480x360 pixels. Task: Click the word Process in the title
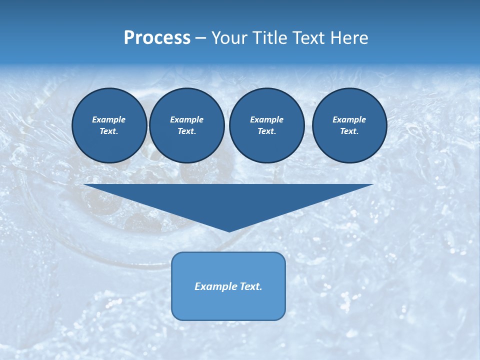point(157,38)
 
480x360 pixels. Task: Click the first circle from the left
point(109,125)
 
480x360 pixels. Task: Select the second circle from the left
point(187,125)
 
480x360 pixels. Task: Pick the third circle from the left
point(267,125)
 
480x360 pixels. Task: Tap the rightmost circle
point(349,125)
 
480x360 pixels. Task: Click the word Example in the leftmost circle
point(109,119)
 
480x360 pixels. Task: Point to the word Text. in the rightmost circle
point(349,131)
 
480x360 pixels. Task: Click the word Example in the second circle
point(187,119)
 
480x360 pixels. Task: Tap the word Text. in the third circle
point(267,131)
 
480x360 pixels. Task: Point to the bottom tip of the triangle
point(229,230)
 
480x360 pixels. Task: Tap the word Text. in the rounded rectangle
point(251,286)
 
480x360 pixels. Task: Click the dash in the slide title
point(200,38)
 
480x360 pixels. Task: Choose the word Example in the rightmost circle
point(349,119)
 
